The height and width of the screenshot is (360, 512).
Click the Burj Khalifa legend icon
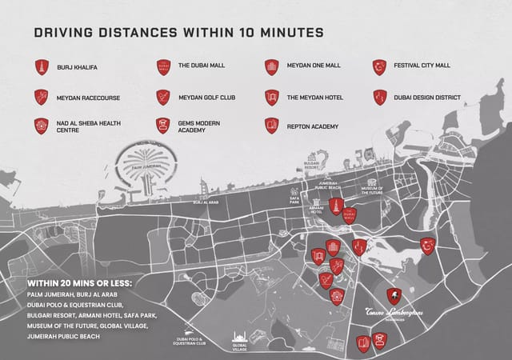coord(42,67)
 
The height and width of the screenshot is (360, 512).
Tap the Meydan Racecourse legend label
coord(88,98)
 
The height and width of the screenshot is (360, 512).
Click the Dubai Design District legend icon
coord(380,98)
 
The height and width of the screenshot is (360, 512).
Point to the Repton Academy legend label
coord(313,126)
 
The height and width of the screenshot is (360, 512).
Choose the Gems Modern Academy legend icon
coord(162,126)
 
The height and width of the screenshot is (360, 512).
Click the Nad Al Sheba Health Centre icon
coord(42,126)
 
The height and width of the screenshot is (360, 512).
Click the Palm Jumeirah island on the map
coord(145,169)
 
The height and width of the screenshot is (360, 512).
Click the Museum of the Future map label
coord(372,190)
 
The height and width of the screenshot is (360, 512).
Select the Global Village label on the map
coord(240,347)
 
